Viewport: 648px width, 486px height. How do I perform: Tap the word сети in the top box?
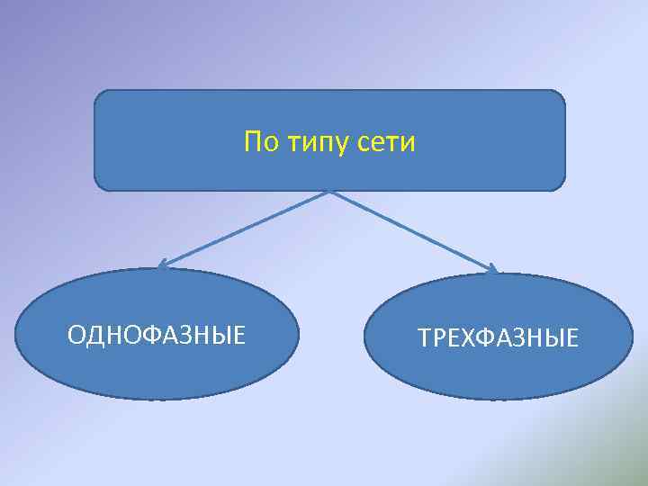click(x=389, y=142)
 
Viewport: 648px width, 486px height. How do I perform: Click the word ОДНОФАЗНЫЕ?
click(x=157, y=336)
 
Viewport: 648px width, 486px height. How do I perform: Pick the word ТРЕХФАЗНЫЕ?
click(x=498, y=339)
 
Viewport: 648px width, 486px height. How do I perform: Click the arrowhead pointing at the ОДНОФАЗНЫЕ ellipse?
click(x=163, y=265)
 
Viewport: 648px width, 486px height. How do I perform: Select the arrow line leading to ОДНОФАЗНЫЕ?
click(x=243, y=229)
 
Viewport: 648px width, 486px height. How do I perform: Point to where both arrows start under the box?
click(x=330, y=191)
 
